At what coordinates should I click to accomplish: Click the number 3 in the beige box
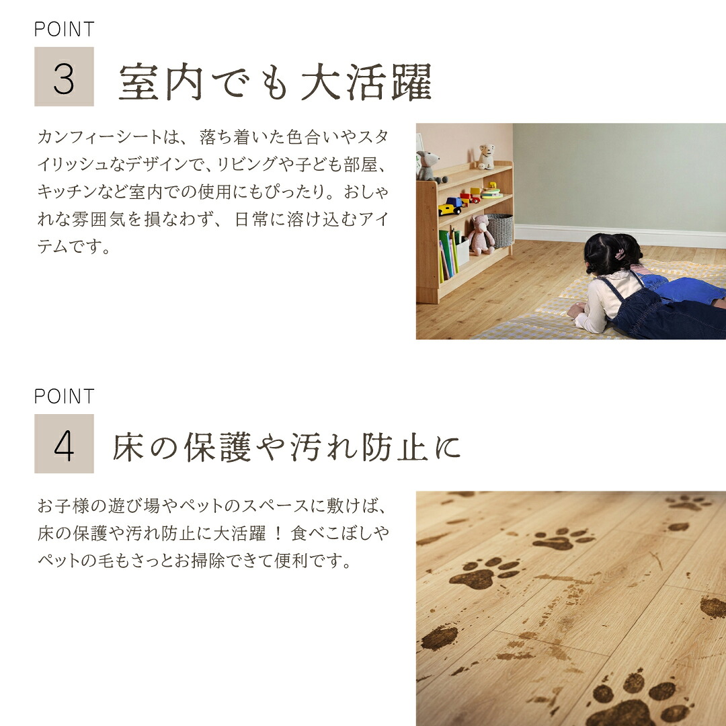64,79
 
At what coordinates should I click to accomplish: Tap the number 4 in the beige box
64,446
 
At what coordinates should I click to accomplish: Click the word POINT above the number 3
65,29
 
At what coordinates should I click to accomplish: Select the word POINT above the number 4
65,397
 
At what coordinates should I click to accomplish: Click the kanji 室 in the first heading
138,82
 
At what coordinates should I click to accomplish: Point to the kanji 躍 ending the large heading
411,82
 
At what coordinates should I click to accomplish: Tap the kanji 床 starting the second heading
128,447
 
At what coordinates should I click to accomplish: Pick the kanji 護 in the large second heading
235,447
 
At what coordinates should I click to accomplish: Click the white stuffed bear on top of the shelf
486,157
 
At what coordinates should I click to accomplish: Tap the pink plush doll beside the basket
481,235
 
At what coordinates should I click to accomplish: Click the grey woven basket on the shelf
500,230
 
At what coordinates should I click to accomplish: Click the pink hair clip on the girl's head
620,254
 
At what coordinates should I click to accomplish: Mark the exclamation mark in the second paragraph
278,533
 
